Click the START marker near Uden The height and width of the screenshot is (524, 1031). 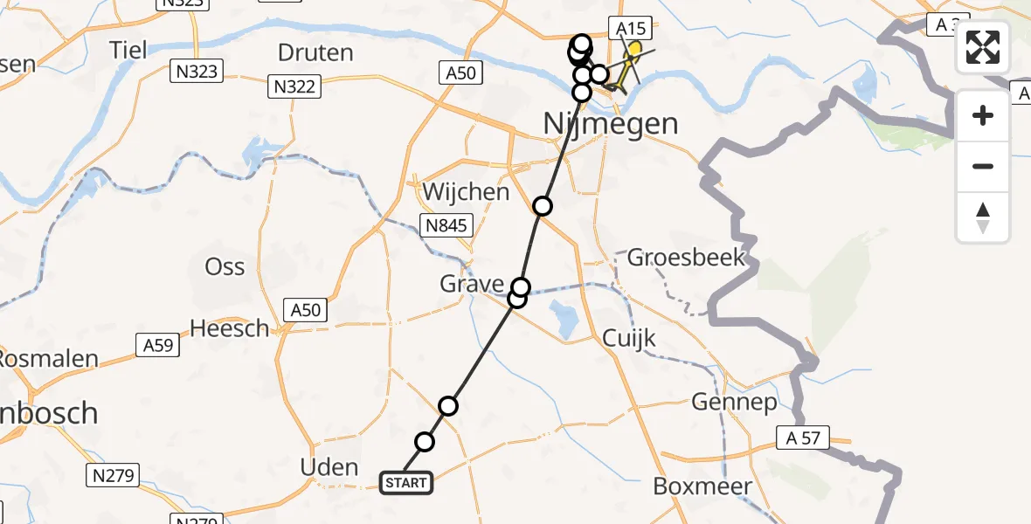click(406, 483)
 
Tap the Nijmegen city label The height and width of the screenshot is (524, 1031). click(611, 123)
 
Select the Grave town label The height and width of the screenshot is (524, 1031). click(472, 284)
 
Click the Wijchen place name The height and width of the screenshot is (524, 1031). click(466, 191)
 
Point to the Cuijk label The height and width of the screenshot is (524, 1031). click(629, 339)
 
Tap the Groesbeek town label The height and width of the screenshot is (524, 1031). click(687, 258)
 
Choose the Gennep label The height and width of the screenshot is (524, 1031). click(734, 402)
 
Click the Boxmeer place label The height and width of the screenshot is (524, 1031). click(702, 486)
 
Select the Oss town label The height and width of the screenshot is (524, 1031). click(225, 267)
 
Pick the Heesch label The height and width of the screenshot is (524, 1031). click(230, 328)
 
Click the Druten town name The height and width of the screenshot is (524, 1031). click(315, 52)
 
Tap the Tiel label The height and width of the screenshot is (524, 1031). click(128, 49)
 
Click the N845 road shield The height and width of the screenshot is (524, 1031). click(447, 225)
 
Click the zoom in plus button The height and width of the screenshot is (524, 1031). click(983, 115)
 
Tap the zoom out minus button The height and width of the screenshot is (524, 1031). click(983, 166)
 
